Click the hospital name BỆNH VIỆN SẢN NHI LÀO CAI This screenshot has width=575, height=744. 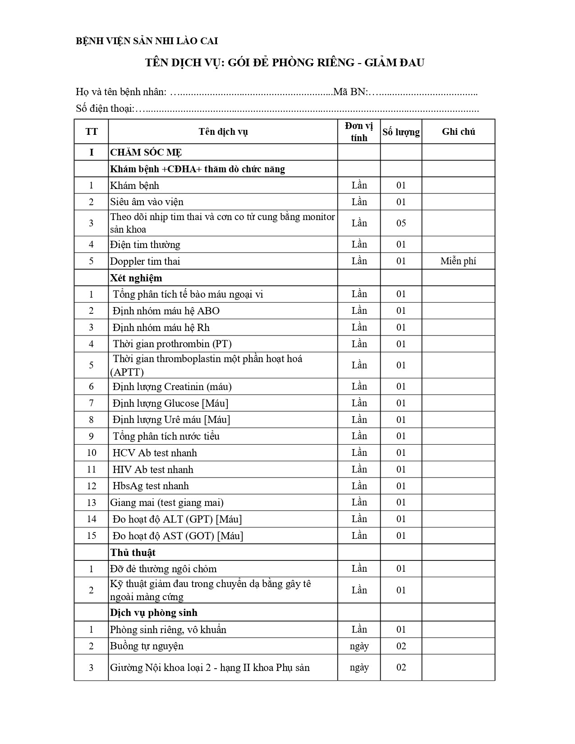coord(147,41)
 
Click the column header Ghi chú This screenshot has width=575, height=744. coord(458,132)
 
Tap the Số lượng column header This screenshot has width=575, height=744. coord(401,132)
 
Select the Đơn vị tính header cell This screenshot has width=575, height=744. coord(359,132)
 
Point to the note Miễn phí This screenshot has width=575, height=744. coord(458,261)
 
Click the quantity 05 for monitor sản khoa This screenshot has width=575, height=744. coord(401,223)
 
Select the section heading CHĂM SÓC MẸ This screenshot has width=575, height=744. coord(146,152)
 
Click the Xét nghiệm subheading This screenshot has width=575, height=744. coord(136,278)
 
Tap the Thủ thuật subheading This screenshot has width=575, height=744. coord(133,552)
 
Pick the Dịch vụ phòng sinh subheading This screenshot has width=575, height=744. coord(154,613)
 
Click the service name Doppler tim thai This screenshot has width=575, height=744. coord(145,261)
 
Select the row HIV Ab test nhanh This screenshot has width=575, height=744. coord(153,469)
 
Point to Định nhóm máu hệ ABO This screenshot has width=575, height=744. coord(166,311)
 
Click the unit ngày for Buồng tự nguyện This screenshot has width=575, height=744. coord(359,646)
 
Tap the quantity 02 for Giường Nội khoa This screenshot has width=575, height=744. coord(401,667)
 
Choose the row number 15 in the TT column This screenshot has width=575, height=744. coord(91,536)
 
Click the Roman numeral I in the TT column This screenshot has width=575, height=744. coord(91,152)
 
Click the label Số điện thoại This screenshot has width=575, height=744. coord(105,109)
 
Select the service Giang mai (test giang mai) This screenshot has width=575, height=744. coord(167,502)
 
